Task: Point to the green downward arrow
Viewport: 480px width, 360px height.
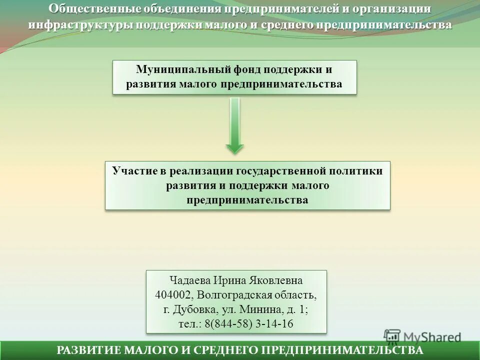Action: (234, 125)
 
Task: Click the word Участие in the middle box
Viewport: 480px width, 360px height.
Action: (134, 170)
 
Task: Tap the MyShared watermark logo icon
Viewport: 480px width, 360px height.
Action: (392, 336)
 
